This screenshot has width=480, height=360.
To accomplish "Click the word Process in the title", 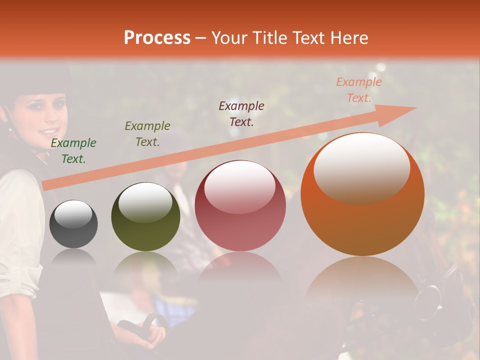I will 157,38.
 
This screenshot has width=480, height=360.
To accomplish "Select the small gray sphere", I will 73,224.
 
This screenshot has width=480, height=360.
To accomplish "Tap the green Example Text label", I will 73,151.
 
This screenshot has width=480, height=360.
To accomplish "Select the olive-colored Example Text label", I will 147,134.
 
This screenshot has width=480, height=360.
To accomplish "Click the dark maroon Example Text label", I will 241,113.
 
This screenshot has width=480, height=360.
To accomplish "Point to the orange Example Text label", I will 358,90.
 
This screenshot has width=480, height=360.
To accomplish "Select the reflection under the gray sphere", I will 73,257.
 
